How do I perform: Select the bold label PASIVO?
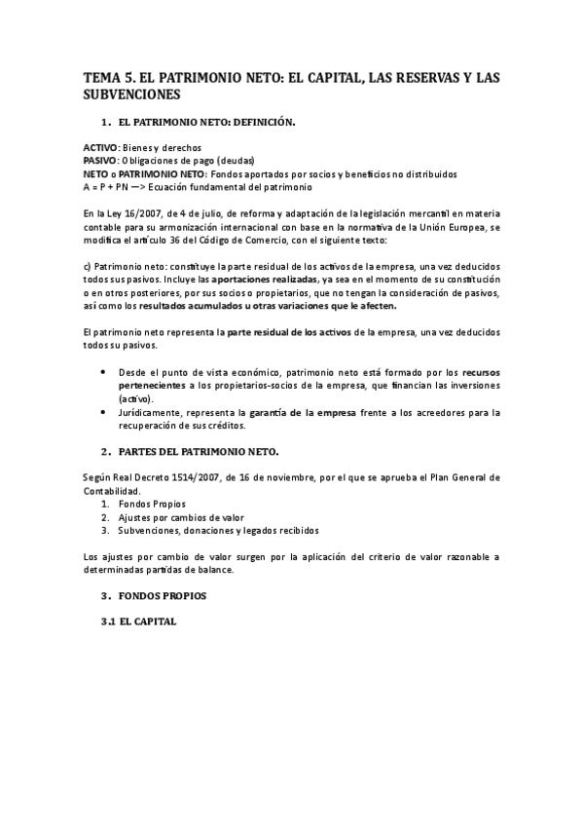click(99, 161)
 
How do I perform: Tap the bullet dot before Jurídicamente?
click(104, 412)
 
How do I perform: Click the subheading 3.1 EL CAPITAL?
click(143, 621)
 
